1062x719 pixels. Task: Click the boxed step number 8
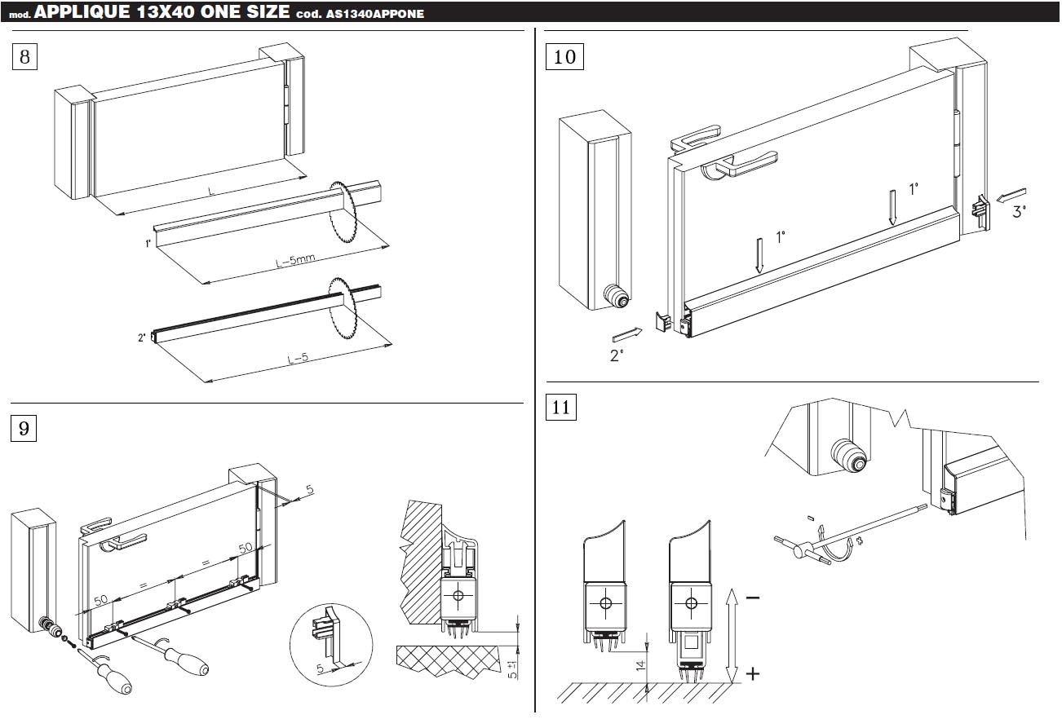point(24,57)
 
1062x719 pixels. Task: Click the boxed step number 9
point(24,427)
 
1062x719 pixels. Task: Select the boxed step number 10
point(564,57)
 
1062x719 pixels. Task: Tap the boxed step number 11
point(561,407)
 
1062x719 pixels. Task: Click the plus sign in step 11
point(752,673)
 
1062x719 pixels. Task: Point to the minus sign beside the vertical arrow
point(752,598)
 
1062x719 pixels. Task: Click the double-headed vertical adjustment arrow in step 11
point(732,636)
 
